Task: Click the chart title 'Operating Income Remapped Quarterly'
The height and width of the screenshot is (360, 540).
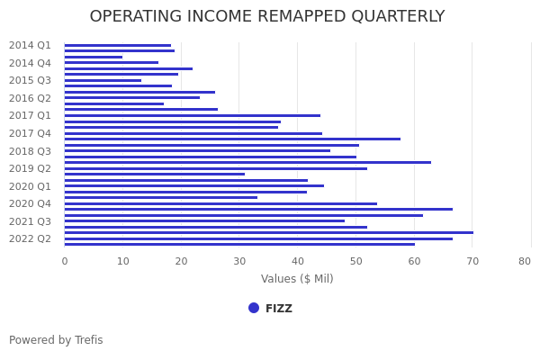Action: (x=267, y=17)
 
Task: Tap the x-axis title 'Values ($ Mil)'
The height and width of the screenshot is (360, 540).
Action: (x=297, y=279)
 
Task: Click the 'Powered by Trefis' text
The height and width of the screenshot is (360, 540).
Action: (x=56, y=340)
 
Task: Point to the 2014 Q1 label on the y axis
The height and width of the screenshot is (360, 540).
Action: (x=30, y=45)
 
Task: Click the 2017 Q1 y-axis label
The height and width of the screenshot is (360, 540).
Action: (x=30, y=115)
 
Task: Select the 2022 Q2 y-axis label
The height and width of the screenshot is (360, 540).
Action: (x=30, y=238)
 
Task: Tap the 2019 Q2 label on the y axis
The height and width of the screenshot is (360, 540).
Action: (x=30, y=168)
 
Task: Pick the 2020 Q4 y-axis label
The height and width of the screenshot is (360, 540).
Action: (x=30, y=203)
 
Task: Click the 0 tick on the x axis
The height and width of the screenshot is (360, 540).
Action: (x=64, y=261)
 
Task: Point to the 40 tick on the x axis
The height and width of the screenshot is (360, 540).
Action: (x=297, y=261)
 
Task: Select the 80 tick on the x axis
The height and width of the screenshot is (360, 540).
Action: (x=525, y=261)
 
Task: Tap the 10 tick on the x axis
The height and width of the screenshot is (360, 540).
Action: (x=122, y=261)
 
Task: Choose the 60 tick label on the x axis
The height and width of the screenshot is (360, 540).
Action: (x=414, y=261)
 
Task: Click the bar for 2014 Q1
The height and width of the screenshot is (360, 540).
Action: (x=117, y=45)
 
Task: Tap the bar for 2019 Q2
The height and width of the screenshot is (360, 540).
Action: (x=215, y=168)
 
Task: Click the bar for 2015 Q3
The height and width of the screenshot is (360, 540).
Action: (x=103, y=80)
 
